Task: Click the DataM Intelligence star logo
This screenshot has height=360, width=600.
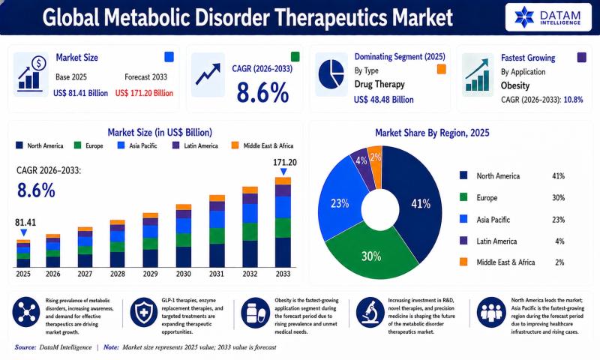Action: pos(523,17)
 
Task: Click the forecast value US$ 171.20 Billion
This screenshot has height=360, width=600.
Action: pos(144,93)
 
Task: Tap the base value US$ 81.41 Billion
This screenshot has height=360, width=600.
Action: pos(81,93)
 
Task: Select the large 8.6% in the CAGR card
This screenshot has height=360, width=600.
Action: pos(262,93)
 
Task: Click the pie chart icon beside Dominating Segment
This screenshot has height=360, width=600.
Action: pos(331,74)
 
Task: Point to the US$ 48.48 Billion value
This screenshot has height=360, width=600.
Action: pos(384,100)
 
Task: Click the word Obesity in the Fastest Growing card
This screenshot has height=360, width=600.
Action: pos(515,85)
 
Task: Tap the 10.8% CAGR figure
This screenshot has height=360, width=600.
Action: pos(573,100)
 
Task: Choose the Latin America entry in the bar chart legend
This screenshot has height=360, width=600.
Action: pos(195,145)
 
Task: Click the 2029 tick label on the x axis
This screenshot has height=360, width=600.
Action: pos(151,274)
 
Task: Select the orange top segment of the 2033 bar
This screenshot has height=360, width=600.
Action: pos(283,181)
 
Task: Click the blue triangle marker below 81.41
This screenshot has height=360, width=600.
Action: pos(24,232)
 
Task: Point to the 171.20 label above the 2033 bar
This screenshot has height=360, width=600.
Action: pos(285,163)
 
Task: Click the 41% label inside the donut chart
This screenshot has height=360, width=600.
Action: pos(421,204)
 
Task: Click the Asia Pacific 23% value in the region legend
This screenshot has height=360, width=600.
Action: pos(558,220)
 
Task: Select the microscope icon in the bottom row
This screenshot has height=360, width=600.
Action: pos(370,312)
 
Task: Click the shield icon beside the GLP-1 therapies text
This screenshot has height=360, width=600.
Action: pos(144,312)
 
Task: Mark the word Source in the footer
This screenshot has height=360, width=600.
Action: pos(25,347)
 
